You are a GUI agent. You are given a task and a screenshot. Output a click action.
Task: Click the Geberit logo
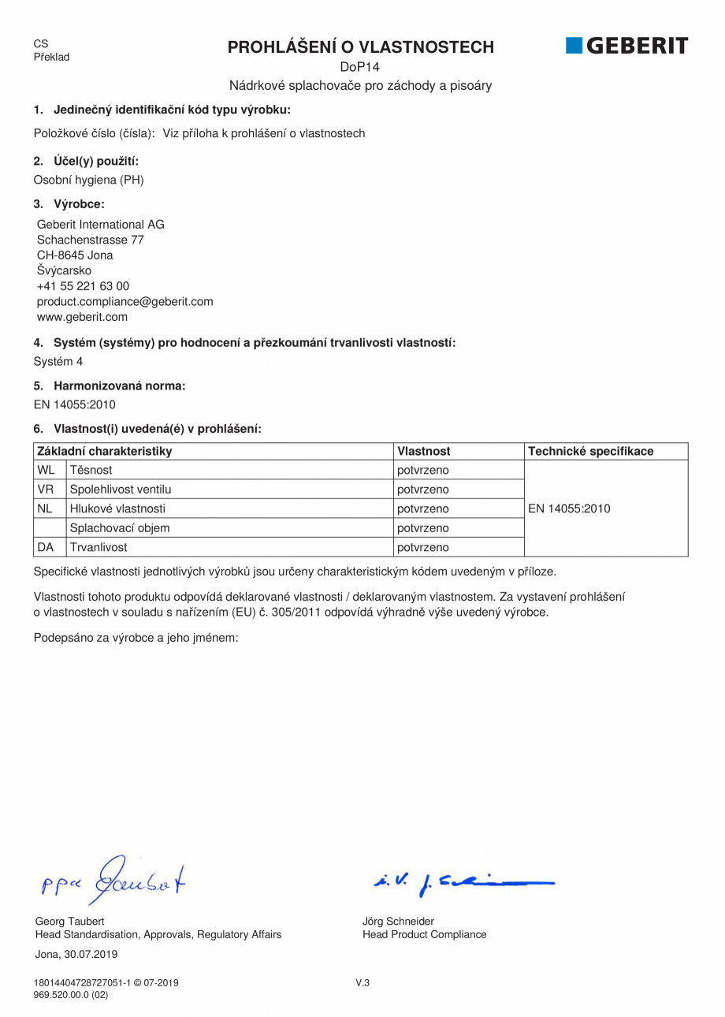pos(626,47)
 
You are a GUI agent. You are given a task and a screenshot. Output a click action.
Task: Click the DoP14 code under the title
pos(360,67)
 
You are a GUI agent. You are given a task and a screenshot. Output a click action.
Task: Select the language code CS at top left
pos(41,44)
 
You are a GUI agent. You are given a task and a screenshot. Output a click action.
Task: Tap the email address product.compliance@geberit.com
pos(125,302)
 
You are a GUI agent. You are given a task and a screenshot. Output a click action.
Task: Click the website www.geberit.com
pos(82,317)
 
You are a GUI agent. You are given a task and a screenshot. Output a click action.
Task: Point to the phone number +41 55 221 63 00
pos(83,286)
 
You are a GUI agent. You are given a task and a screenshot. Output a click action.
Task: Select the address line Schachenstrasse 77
pos(90,240)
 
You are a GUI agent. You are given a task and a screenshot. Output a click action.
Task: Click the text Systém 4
pos(58,362)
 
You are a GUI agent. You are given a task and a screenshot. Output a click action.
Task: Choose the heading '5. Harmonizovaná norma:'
pos(110,386)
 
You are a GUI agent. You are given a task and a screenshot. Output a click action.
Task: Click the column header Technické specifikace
pos(590,451)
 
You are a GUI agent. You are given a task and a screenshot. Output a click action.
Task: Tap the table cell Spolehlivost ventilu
pos(121,490)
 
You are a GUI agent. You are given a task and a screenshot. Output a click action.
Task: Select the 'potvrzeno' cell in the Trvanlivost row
pos(422,547)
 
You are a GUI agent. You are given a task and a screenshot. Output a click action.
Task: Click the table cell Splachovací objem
pos(120,528)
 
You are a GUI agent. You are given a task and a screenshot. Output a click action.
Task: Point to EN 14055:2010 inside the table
pos(569,508)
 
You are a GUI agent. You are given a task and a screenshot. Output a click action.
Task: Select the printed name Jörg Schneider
pos(398,921)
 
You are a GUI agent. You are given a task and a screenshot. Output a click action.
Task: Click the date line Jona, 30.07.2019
pos(76,954)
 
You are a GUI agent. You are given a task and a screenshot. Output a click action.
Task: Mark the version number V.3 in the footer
pos(362,982)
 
